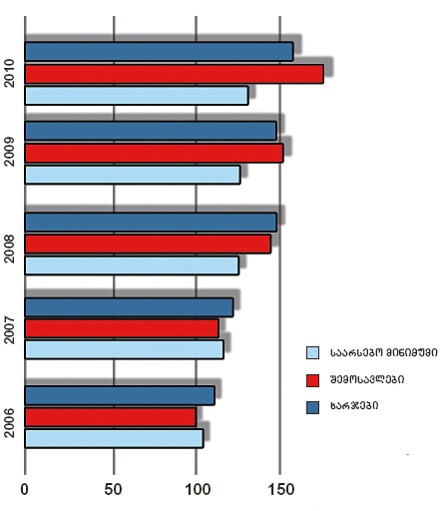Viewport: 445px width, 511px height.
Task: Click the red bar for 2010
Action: [175, 74]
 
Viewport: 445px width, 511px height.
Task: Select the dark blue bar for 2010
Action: [159, 52]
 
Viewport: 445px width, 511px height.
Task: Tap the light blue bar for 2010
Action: [137, 96]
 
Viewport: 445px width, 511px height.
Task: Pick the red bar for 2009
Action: [154, 153]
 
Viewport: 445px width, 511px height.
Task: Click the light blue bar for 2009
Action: [133, 175]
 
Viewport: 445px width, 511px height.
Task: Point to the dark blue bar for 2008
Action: [151, 223]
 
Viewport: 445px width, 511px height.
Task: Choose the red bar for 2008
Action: [148, 244]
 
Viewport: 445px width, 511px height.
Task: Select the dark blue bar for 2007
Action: [129, 307]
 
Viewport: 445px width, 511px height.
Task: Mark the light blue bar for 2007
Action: [125, 349]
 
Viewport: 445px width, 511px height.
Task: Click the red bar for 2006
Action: [111, 417]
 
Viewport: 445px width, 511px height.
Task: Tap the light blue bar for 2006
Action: [114, 438]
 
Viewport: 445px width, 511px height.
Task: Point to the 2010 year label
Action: [10, 74]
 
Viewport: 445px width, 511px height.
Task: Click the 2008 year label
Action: [10, 249]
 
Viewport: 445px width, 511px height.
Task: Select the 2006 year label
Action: [10, 423]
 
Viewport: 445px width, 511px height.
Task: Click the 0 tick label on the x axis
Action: [24, 489]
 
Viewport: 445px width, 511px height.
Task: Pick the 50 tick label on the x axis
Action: [113, 489]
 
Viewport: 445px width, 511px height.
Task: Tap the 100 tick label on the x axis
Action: [198, 489]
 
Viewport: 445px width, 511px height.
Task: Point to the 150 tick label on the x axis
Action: [281, 489]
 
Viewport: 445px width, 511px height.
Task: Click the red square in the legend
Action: [312, 380]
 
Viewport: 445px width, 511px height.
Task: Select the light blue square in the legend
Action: [312, 352]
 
